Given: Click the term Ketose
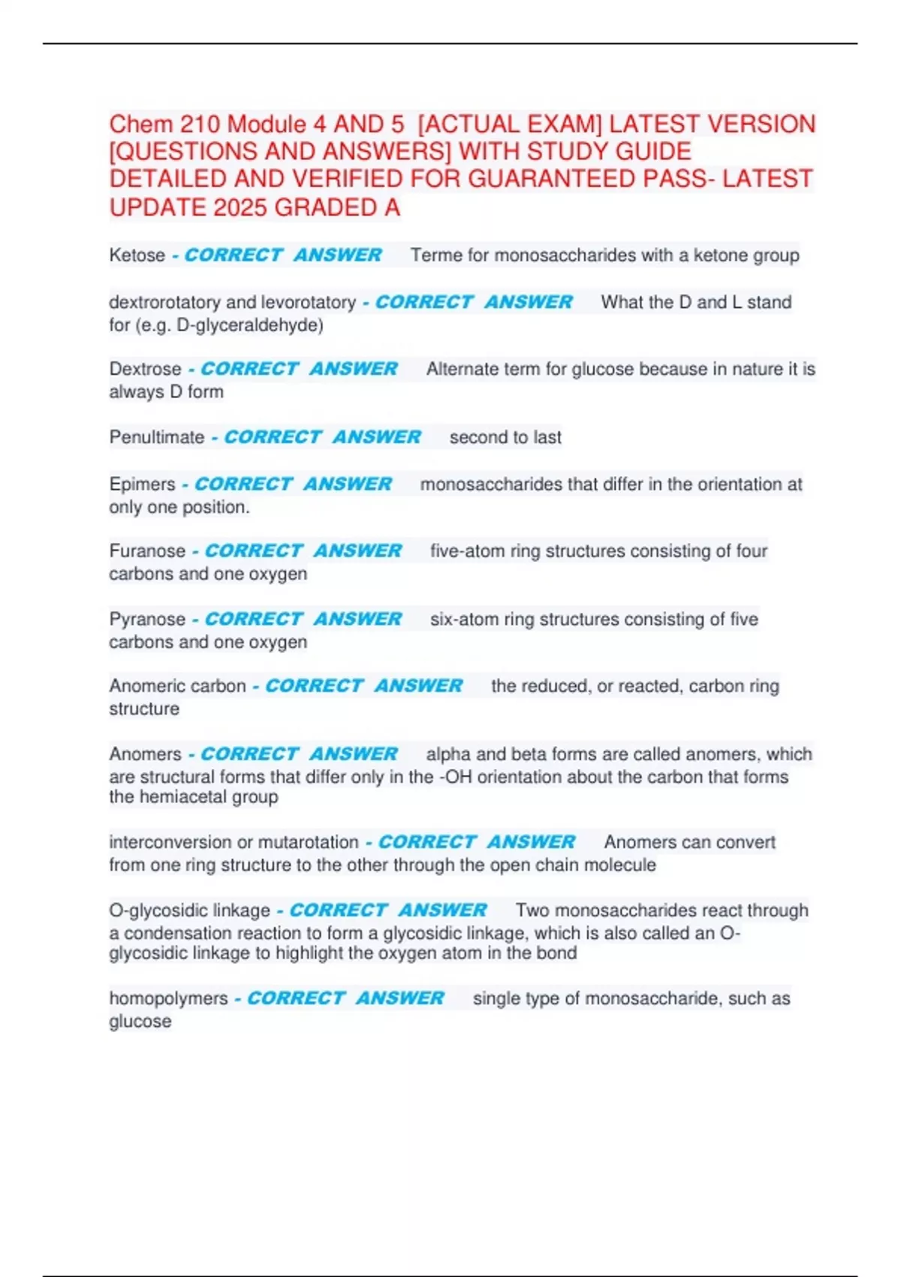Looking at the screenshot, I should [137, 255].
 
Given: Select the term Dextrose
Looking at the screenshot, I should [145, 369].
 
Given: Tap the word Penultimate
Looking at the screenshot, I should [156, 437].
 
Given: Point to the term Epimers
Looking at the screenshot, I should [142, 485].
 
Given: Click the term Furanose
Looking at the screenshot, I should [147, 551].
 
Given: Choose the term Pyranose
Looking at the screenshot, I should [147, 619].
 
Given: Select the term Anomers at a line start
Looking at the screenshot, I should [145, 754].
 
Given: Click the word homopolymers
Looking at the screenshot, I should [168, 998].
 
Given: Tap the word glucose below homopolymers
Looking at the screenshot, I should [140, 1022].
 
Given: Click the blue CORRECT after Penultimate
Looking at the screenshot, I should [273, 437].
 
